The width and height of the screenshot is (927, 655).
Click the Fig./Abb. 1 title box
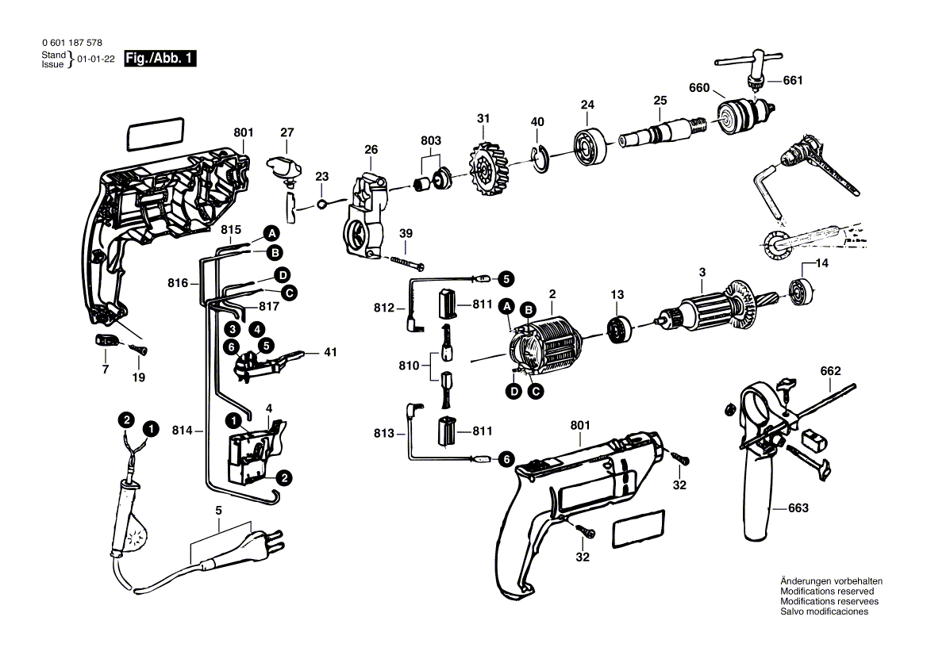pyautogui.click(x=160, y=59)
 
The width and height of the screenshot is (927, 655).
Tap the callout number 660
pyautogui.click(x=698, y=88)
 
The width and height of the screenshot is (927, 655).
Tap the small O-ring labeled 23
pyautogui.click(x=321, y=205)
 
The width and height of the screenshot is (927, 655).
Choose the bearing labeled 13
pyautogui.click(x=618, y=326)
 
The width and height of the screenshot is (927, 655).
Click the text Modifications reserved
pyautogui.click(x=826, y=592)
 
